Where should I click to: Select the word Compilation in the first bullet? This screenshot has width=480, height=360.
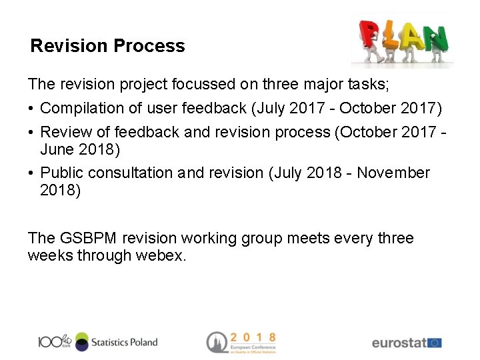tap(83, 108)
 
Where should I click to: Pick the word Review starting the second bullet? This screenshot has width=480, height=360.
tap(65, 132)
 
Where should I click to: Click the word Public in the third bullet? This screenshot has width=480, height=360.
tap(63, 173)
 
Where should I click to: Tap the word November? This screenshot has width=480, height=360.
tap(393, 173)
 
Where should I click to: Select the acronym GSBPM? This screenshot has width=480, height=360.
tap(89, 238)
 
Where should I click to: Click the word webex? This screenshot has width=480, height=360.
tap(161, 255)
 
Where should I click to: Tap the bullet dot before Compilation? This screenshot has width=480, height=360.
tap(31, 109)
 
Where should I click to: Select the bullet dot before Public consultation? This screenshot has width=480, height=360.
tap(31, 173)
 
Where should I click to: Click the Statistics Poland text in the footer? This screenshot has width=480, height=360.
tap(125, 342)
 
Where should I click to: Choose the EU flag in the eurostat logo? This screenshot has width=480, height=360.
tap(435, 343)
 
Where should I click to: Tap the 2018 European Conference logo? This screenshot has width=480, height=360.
tap(241, 342)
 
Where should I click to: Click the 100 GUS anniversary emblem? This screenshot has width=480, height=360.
tap(54, 341)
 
